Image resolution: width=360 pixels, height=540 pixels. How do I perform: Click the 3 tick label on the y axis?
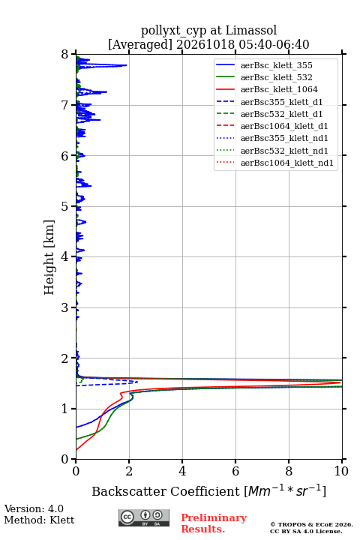(x=65, y=307)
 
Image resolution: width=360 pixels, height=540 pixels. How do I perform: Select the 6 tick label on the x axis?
(x=235, y=471)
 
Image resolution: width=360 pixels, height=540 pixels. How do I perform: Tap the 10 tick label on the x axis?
(x=341, y=471)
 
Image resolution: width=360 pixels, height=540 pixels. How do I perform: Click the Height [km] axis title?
(x=49, y=257)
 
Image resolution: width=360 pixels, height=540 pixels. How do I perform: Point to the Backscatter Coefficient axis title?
(x=208, y=490)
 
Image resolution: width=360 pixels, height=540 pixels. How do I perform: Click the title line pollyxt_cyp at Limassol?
(x=208, y=30)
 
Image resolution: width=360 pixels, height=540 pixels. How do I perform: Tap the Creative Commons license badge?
(x=144, y=517)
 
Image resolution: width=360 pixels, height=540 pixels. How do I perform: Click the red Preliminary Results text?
(x=214, y=523)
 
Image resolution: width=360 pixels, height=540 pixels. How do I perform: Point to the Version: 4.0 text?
(x=34, y=508)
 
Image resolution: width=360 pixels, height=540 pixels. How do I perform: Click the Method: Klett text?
(x=39, y=520)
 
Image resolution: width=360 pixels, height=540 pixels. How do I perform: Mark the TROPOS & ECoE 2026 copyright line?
(x=311, y=524)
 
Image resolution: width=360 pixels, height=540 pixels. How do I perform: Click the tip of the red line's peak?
(x=340, y=382)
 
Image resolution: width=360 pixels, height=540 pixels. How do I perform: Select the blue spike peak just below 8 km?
(x=127, y=65)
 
